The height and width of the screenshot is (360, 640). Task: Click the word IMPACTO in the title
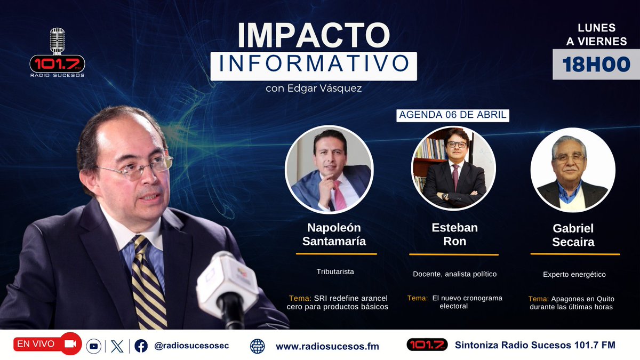(314, 35)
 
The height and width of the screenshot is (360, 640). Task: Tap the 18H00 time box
(596, 65)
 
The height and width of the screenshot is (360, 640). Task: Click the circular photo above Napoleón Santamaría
(329, 169)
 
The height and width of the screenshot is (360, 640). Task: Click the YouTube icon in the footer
(94, 346)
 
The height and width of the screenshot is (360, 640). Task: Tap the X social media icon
(117, 346)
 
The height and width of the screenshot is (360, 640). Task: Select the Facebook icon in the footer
(141, 346)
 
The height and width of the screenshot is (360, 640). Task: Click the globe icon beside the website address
(257, 346)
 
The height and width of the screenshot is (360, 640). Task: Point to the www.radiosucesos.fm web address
(327, 347)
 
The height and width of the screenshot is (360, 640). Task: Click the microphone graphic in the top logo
(57, 41)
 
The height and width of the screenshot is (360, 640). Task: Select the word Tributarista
(335, 271)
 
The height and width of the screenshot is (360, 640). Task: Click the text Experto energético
(574, 275)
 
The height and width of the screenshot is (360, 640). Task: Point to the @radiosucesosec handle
(191, 346)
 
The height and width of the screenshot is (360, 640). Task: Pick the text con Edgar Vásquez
(313, 89)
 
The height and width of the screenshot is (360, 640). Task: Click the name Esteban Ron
(454, 234)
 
